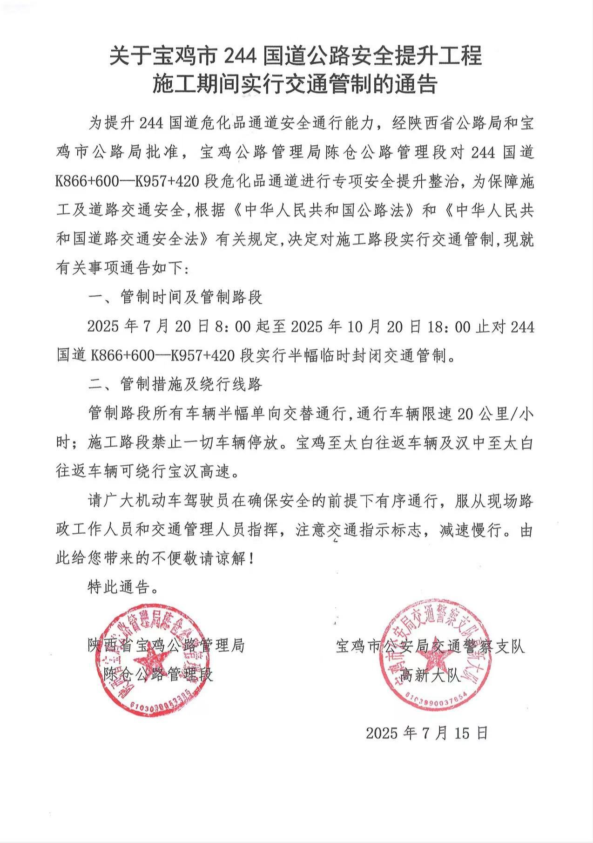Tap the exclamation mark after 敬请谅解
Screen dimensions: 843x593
point(252,559)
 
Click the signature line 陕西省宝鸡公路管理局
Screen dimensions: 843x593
point(166,646)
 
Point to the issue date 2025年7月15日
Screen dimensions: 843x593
point(426,733)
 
